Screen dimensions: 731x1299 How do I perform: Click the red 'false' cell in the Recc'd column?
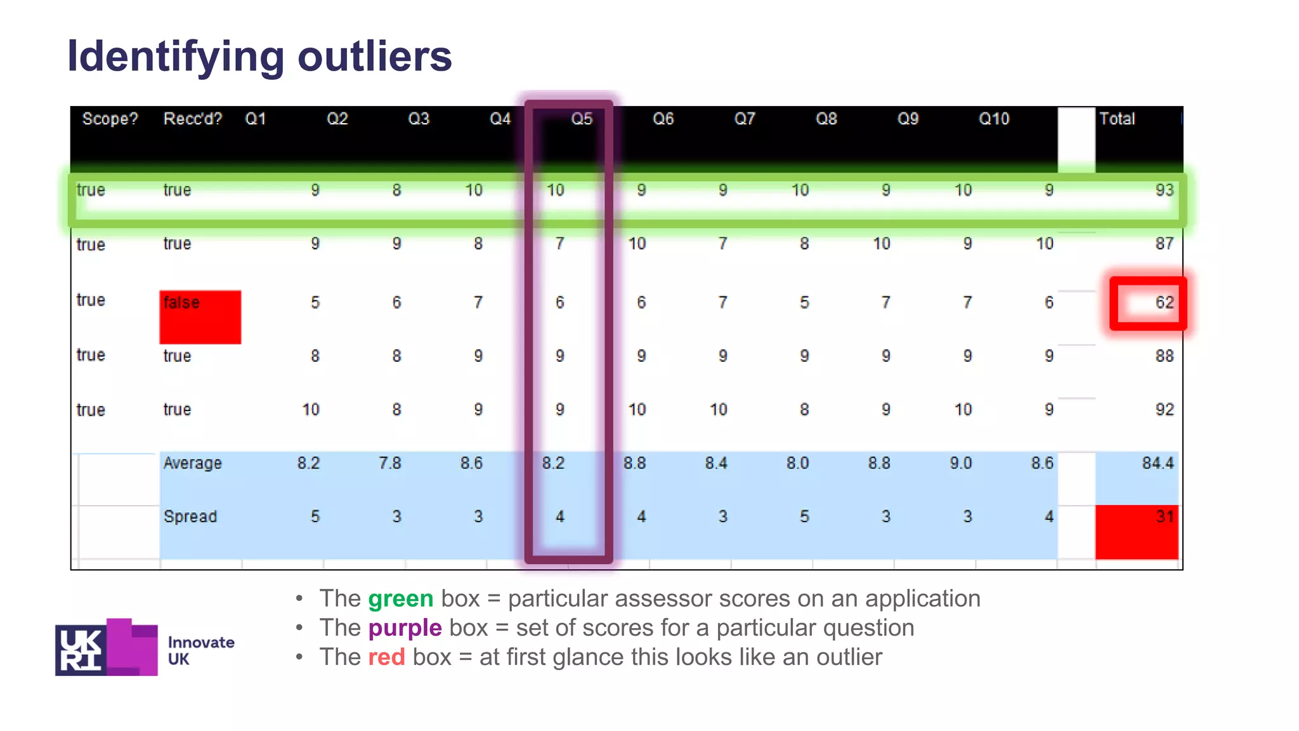click(200, 316)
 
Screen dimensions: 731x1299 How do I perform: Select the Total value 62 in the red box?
click(1163, 303)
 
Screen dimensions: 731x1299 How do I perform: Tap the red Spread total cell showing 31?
click(1137, 531)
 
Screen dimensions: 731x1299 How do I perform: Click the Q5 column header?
click(581, 119)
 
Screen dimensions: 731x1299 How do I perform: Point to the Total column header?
click(1117, 119)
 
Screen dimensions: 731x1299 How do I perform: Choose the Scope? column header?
click(110, 119)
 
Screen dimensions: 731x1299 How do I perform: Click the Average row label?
click(193, 463)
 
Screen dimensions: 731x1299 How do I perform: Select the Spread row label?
click(190, 517)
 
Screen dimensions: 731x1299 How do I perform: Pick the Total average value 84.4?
click(1158, 463)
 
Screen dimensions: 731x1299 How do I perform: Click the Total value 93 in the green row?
click(1164, 190)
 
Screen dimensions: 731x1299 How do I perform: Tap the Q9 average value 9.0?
click(960, 463)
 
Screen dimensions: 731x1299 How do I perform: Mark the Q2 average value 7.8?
click(389, 463)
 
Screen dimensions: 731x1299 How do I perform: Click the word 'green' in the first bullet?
click(401, 598)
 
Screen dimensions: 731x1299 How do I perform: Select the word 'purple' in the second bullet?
click(405, 628)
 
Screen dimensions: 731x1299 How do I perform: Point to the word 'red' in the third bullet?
click(386, 657)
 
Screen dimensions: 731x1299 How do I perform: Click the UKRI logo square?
click(81, 649)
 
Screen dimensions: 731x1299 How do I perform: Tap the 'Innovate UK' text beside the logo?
click(200, 650)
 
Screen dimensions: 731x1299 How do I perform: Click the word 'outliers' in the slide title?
click(374, 56)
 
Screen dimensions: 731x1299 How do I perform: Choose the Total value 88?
click(1164, 356)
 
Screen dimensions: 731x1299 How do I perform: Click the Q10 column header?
click(993, 119)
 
